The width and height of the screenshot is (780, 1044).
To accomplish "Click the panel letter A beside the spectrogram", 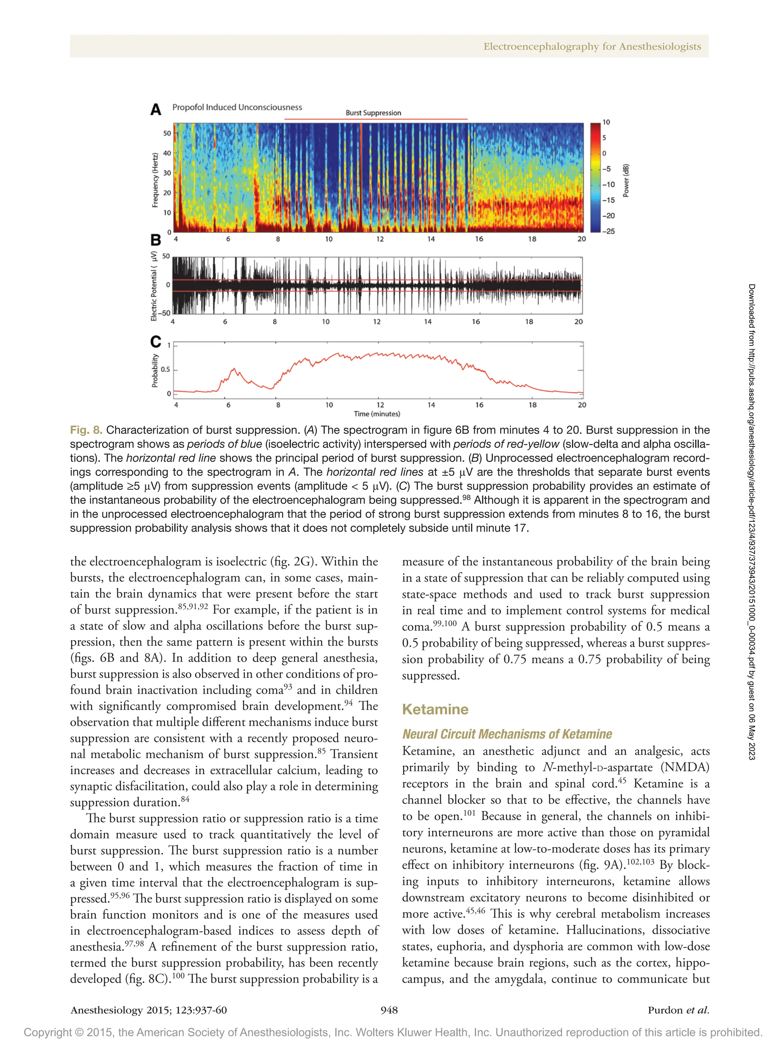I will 156,110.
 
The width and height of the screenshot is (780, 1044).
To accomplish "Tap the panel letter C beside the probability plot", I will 155,342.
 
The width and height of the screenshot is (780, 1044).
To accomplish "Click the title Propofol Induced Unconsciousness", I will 237,107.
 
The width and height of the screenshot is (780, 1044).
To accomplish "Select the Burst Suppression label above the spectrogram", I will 373,113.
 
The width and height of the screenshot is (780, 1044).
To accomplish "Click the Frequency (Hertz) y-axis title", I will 155,180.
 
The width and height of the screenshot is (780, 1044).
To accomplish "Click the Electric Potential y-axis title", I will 154,286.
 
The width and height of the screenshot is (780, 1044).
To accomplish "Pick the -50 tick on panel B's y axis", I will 164,313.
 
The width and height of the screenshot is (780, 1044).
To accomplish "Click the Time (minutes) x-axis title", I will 377,414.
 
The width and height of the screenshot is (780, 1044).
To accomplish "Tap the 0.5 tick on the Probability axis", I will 165,369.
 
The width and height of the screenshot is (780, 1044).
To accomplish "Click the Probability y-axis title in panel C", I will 155,371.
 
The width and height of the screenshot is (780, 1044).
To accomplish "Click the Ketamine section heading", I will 435,709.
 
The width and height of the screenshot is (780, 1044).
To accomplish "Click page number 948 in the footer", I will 389,1010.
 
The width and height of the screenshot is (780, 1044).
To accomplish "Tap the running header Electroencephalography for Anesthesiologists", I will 592,46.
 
